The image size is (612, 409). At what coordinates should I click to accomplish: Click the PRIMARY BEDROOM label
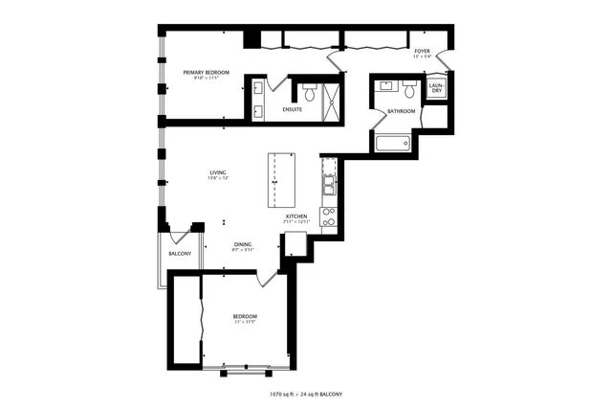coord(206,72)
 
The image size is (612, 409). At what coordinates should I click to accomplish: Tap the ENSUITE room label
coord(293,109)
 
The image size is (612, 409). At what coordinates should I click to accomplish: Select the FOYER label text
coord(422,51)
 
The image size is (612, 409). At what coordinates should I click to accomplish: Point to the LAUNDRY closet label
coord(436,88)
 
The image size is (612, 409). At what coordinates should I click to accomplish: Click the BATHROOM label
coord(402,111)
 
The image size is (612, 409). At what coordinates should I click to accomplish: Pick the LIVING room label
coord(218,172)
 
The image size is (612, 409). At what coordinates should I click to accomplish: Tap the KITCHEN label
coord(296,216)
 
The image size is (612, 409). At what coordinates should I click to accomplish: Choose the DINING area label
coord(243,245)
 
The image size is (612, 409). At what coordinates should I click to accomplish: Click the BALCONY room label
coord(180,254)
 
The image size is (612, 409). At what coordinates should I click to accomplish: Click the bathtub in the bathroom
coord(392,144)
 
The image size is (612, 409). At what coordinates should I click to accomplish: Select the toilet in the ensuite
coord(308,94)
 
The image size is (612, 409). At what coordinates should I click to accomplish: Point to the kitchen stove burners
coord(328,216)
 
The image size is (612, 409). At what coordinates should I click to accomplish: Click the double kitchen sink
coord(328,182)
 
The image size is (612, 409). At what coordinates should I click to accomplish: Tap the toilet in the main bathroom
coord(409,93)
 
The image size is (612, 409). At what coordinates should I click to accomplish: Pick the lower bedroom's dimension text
coord(245,323)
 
